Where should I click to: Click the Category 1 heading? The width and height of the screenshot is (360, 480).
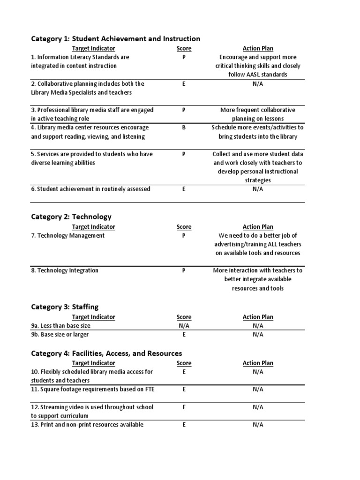pos(115,39)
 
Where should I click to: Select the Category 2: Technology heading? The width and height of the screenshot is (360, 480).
pos(71,217)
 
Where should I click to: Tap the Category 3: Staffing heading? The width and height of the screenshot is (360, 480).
pos(65,307)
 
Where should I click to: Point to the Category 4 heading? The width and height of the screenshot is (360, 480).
pos(106,353)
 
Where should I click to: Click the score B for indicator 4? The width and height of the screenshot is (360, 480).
pos(184,127)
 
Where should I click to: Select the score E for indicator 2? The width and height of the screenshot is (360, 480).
pos(184,84)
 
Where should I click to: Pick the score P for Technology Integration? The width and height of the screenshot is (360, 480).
pos(184,270)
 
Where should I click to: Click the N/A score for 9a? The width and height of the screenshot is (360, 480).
pos(184,326)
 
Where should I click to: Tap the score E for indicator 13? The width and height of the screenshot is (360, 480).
pos(184,425)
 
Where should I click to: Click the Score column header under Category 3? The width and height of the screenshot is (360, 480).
pos(184,317)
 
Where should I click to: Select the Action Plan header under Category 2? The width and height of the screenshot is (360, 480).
pos(258,227)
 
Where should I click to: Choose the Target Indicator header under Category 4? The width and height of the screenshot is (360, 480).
pos(93,363)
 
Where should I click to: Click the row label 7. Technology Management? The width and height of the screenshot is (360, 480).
pos(68,236)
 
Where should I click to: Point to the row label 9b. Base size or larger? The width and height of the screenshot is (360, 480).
pos(60,335)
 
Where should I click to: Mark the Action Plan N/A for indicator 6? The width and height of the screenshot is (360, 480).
pos(258,189)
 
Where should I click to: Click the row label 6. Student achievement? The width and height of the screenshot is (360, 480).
pos(90,189)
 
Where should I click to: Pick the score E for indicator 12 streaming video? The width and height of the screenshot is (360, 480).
pos(184,407)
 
